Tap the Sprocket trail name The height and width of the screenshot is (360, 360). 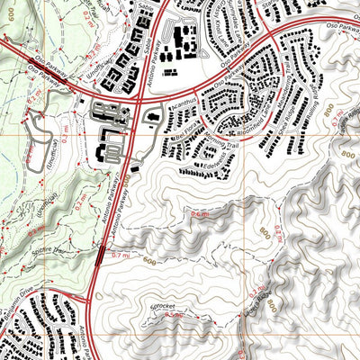click(158, 307)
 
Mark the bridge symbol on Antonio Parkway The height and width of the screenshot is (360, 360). click(97, 257)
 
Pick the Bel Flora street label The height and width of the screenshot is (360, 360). click(187, 129)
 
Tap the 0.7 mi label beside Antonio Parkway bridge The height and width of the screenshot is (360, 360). click(119, 256)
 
